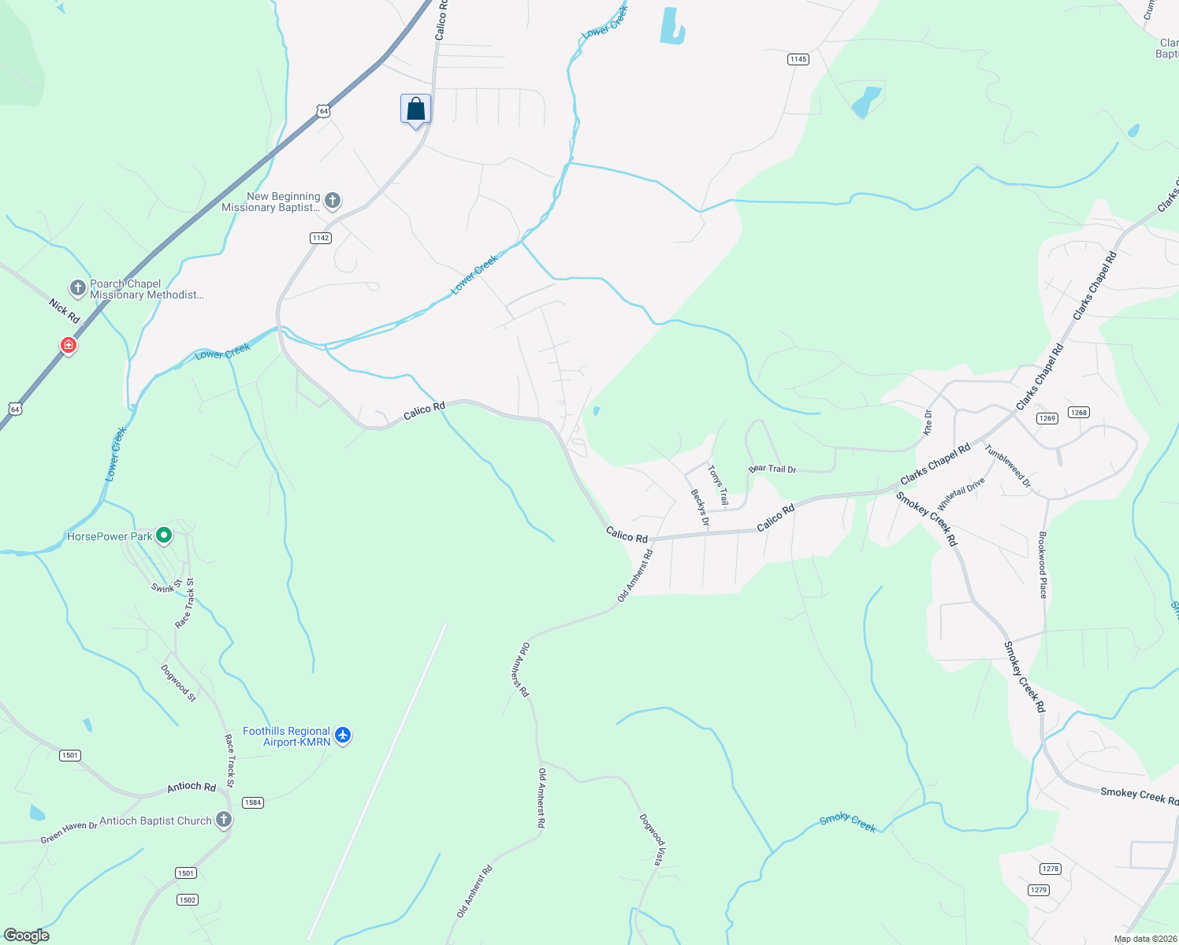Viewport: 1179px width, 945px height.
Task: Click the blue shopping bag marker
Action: pos(415,109)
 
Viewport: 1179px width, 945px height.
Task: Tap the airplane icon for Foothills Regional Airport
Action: pos(342,735)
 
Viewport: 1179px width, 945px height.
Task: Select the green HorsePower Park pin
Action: pos(164,535)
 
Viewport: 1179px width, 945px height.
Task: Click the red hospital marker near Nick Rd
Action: pos(69,345)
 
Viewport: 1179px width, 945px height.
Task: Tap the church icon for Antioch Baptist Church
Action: pos(224,820)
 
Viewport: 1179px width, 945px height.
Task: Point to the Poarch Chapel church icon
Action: pos(77,288)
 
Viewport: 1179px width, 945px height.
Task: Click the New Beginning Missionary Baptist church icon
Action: pos(333,200)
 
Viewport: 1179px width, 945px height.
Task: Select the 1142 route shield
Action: pos(320,238)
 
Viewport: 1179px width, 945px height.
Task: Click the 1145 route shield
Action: pos(798,59)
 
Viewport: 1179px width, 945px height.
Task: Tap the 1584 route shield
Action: pos(252,802)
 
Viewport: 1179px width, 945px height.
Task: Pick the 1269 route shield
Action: pos(1047,418)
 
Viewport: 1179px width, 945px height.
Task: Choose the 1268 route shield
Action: pos(1078,412)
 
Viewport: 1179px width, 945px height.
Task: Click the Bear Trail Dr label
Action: pos(772,469)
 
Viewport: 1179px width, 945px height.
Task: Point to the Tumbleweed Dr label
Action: pos(1007,465)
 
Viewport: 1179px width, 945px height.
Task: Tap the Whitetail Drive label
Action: pos(961,494)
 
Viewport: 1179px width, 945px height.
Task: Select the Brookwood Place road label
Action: pos(1042,565)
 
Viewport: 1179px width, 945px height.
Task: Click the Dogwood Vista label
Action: pos(652,839)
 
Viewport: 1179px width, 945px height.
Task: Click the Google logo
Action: pos(27,935)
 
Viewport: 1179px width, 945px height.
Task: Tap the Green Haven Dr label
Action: pos(69,832)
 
